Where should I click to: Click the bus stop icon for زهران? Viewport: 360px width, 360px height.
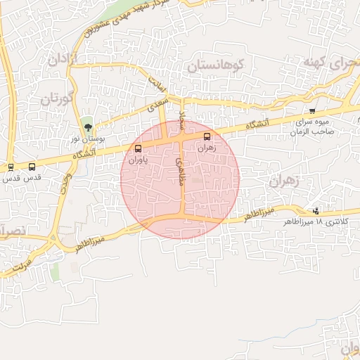(207, 136)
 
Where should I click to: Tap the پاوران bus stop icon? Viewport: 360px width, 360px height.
(138, 148)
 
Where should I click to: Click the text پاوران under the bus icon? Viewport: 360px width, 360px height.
(138, 160)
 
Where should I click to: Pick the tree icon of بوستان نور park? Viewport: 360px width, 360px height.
(88, 127)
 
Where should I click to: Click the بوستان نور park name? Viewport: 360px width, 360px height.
(89, 139)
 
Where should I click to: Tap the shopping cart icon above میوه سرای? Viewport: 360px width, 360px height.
(312, 111)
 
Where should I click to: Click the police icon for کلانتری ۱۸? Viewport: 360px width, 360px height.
(316, 211)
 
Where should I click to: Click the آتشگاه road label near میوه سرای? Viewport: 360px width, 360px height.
(257, 124)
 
